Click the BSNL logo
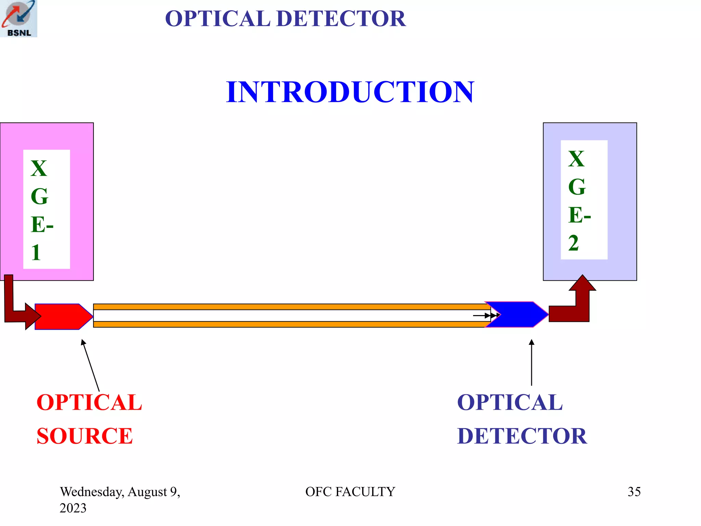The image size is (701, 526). pos(18,18)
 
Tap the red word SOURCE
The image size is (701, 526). pos(85,436)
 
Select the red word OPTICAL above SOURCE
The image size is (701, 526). pos(89,402)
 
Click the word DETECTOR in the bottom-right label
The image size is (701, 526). pos(522,436)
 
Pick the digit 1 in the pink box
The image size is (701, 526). pos(36,253)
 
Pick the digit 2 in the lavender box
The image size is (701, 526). pos(573,243)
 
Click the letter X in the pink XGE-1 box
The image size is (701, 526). pos(38,168)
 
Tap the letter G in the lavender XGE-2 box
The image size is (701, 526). pos(577,187)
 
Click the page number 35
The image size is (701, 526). pos(634,492)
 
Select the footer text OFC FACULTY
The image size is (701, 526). pos(350,492)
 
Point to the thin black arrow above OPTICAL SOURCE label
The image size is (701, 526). pos(90,365)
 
